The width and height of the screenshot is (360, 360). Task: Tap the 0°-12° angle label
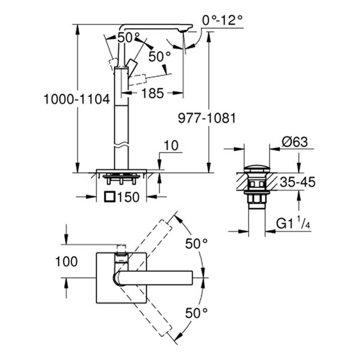pyautogui.click(x=223, y=20)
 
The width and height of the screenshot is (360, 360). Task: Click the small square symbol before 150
pyautogui.click(x=109, y=196)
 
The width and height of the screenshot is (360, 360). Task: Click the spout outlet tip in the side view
pyautogui.click(x=185, y=30)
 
